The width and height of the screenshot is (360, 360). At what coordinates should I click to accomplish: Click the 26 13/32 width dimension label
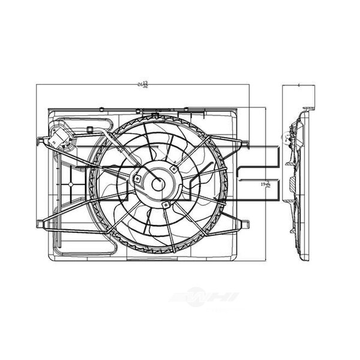142,85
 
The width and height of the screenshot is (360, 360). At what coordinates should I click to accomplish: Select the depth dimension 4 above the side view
298,86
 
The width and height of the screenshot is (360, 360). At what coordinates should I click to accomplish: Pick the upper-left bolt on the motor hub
138,178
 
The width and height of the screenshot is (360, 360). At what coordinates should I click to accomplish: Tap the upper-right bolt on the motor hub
173,169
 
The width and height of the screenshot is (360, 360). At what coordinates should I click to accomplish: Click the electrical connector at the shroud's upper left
60,137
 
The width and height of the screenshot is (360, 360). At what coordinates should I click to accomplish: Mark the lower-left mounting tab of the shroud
40,224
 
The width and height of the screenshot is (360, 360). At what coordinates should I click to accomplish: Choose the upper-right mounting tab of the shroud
244,143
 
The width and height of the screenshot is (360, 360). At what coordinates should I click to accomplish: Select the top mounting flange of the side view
308,110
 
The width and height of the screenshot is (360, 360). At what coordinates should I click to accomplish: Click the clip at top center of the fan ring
155,115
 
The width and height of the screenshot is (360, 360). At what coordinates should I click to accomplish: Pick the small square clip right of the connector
89,129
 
